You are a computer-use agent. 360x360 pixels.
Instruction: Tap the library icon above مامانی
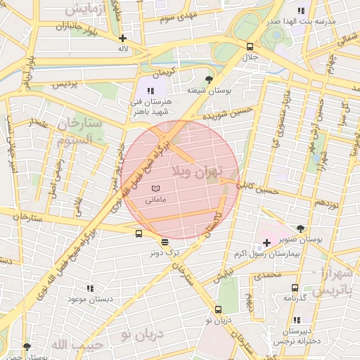click(155, 188)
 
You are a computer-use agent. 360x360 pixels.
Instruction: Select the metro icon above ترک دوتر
click(165, 242)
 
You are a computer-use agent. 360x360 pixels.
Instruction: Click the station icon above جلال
click(250, 46)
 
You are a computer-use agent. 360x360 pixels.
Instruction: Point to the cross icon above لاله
click(123, 39)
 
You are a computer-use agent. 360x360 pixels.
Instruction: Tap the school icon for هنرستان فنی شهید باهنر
click(150, 91)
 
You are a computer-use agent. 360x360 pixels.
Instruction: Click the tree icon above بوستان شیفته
click(208, 79)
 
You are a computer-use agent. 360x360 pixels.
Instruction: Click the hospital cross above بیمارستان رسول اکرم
click(266, 243)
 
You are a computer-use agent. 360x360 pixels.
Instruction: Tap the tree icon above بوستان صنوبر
click(301, 229)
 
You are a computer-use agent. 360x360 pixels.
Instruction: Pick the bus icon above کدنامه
click(295, 288)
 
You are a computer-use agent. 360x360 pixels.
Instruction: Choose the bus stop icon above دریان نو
click(218, 310)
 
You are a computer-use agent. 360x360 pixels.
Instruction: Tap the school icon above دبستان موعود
click(90, 288)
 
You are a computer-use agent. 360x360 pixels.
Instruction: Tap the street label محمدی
click(267, 275)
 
